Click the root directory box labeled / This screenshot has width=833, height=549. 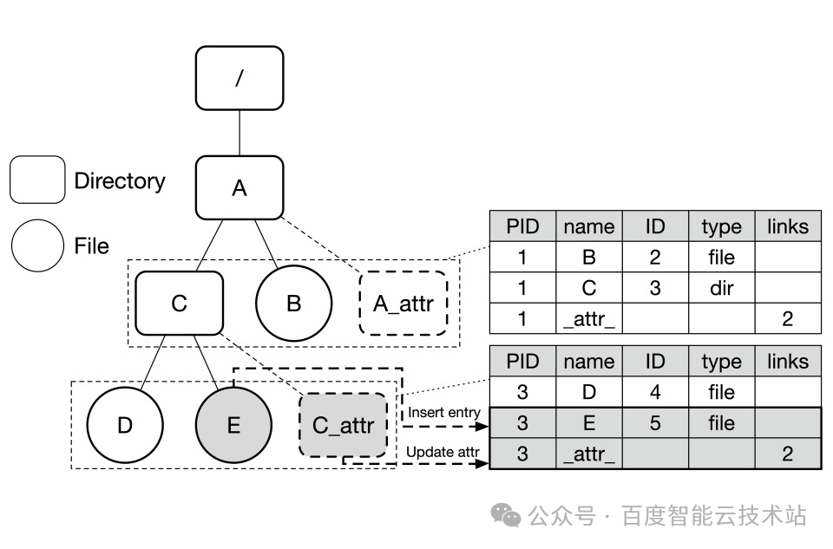(x=239, y=78)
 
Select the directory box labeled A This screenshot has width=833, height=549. (x=239, y=187)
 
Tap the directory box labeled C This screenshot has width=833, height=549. (x=180, y=304)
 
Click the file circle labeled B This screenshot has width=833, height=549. (x=293, y=304)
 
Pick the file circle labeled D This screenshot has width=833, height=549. (x=126, y=425)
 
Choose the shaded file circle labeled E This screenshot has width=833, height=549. (x=233, y=425)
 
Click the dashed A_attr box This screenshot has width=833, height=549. (x=403, y=304)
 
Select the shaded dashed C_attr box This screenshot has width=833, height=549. (x=343, y=425)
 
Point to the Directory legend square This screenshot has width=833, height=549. (x=37, y=180)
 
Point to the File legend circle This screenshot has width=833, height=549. (x=37, y=245)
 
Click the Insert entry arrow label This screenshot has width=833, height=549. (x=444, y=412)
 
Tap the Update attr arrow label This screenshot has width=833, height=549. (x=443, y=451)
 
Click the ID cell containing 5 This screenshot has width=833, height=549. (x=655, y=423)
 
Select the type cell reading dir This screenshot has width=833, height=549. (x=721, y=288)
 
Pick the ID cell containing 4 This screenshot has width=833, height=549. (x=655, y=392)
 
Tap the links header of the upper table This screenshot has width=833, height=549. (x=787, y=226)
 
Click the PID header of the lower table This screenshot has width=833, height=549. (x=522, y=362)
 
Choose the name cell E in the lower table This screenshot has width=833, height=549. (x=588, y=423)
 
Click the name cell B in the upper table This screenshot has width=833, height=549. (x=588, y=258)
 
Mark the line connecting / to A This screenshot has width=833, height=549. (x=239, y=133)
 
